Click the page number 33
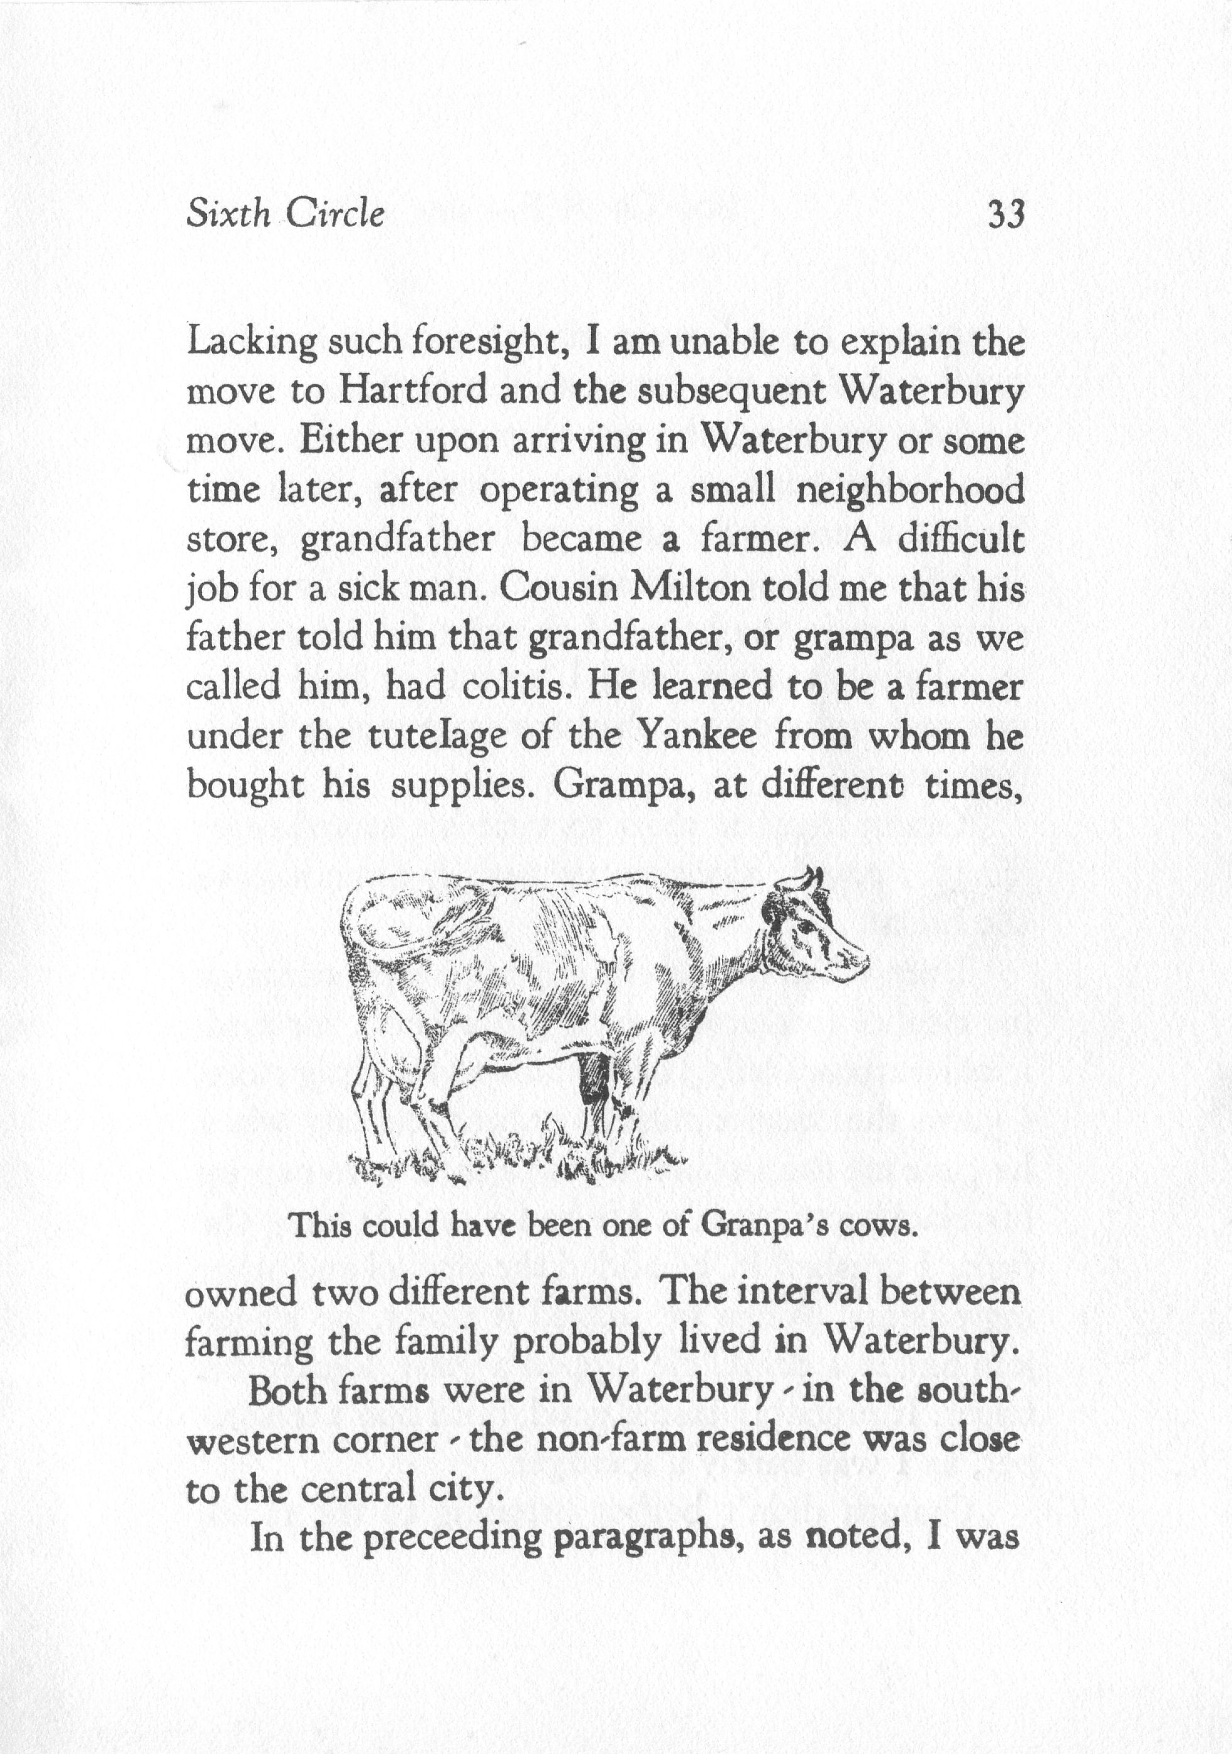point(1004,214)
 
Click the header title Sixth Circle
point(286,214)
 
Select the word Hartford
point(413,392)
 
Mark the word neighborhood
point(909,491)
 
